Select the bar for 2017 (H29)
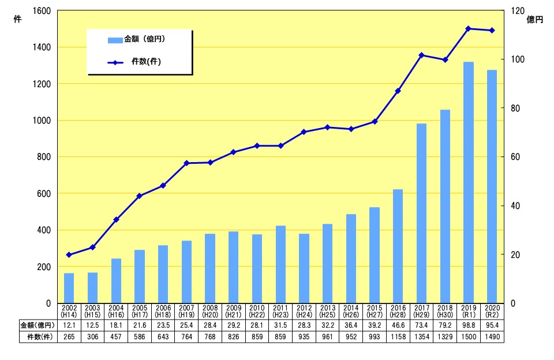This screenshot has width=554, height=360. pos(421,213)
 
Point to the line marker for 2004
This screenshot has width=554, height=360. pos(116,220)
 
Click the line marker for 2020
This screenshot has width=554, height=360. pos(492,31)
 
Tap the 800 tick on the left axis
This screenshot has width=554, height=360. pos(43,157)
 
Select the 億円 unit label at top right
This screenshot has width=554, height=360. pos(536,20)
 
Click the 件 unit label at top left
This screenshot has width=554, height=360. pos(17,20)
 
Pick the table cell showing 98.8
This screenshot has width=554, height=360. pos(469,325)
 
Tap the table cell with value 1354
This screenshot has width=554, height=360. pos(421,337)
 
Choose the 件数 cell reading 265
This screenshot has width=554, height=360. pos(69,337)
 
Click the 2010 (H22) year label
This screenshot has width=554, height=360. pos(257,312)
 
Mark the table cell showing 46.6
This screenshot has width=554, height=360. pos(398,325)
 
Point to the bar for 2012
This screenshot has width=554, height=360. pos(304,268)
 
